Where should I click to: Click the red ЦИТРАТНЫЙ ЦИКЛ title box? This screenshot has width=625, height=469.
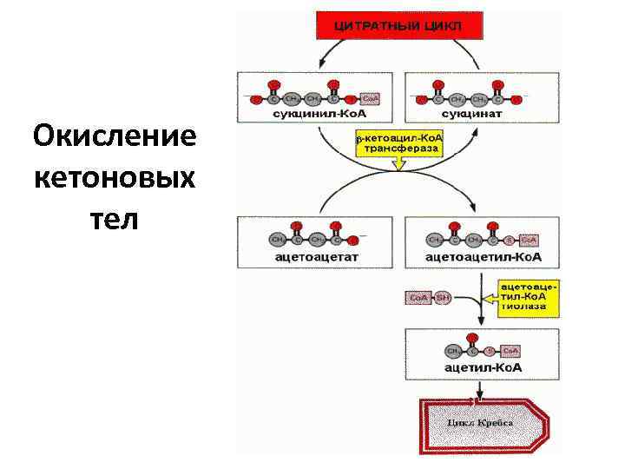398,26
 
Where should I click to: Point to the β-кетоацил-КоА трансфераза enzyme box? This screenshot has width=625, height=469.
399,143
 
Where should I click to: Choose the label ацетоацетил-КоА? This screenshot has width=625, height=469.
484,257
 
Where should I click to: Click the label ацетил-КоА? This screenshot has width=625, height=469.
484,367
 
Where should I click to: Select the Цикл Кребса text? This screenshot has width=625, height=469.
480,423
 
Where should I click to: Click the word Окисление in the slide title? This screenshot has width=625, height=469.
114,137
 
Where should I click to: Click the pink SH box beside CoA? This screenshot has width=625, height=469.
443,298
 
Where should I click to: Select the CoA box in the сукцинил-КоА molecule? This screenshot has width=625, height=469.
368,98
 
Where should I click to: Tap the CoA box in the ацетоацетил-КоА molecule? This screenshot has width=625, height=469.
529,240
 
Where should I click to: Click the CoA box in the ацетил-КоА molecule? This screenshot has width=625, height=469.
511,351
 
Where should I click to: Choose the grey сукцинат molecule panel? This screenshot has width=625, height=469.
469,96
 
